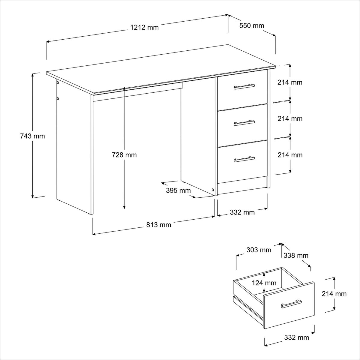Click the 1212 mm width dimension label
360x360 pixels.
(144, 28)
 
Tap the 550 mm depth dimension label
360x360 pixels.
(252, 25)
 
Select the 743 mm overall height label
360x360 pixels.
(32, 136)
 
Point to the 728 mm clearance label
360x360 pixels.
(124, 155)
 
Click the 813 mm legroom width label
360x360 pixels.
(159, 225)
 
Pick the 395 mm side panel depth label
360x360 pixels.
(178, 190)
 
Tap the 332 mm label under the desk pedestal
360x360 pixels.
(242, 213)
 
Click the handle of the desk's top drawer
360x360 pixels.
(244, 86)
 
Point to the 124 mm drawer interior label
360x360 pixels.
(264, 283)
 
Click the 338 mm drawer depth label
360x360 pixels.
(296, 256)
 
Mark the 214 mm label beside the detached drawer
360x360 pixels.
(334, 294)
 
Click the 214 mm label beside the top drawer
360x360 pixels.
(290, 82)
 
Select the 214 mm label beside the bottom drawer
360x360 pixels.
(290, 155)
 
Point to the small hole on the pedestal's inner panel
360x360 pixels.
(213, 190)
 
